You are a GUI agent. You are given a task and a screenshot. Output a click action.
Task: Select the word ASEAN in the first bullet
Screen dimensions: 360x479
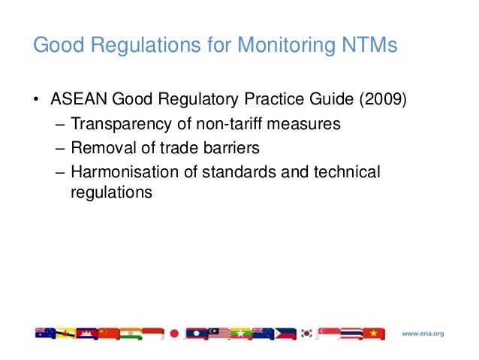(x=77, y=100)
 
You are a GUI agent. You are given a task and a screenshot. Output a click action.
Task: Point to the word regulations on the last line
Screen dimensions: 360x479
(x=112, y=192)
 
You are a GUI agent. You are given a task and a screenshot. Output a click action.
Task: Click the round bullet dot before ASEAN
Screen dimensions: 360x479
(x=37, y=101)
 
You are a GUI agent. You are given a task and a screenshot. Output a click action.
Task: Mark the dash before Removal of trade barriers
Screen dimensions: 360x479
(x=61, y=147)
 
